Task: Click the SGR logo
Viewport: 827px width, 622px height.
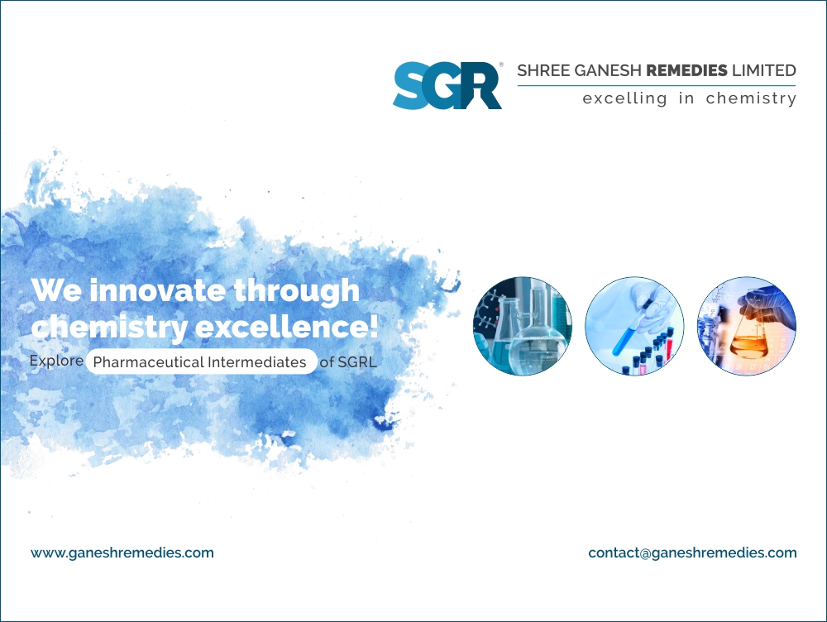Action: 447,85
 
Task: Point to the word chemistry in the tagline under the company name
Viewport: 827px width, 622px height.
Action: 751,98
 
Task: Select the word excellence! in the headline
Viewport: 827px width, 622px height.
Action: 286,326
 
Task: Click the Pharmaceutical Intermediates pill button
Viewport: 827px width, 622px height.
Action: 201,362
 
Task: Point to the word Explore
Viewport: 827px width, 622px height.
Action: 56,361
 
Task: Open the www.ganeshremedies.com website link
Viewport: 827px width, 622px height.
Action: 122,553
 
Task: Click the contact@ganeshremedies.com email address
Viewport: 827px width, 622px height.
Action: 692,553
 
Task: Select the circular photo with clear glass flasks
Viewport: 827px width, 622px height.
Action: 522,327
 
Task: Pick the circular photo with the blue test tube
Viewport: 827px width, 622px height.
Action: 634,327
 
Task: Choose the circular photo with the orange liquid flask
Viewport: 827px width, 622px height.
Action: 746,327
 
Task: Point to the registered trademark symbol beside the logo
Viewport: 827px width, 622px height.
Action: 500,64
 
